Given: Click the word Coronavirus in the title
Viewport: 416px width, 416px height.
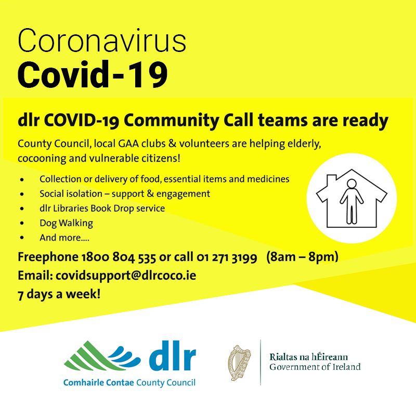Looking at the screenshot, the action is pyautogui.click(x=102, y=41).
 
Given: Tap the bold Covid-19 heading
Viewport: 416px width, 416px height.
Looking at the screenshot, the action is pyautogui.click(x=93, y=74).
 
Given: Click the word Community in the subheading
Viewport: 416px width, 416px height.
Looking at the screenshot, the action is pyautogui.click(x=171, y=121).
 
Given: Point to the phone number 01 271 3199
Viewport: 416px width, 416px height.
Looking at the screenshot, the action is pyautogui.click(x=227, y=257).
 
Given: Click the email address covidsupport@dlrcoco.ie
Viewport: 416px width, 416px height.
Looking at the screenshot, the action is pyautogui.click(x=126, y=276).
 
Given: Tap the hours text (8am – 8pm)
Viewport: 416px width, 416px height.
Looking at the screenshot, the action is pyautogui.click(x=302, y=257).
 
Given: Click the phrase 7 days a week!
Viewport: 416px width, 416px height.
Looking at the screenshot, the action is pyautogui.click(x=59, y=294).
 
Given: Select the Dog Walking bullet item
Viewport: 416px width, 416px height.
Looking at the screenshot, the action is pyautogui.click(x=67, y=223).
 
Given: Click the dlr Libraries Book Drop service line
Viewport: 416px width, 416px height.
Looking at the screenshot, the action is pyautogui.click(x=102, y=209).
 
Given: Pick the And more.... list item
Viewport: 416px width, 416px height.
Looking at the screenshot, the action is pyautogui.click(x=64, y=238).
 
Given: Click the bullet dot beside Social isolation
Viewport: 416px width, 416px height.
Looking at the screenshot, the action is pyautogui.click(x=22, y=194).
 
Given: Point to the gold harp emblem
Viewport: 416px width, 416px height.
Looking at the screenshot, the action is pyautogui.click(x=239, y=362).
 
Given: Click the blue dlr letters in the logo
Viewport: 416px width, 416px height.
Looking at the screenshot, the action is pyautogui.click(x=173, y=356).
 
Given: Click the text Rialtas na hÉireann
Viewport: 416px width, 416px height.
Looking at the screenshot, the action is pyautogui.click(x=308, y=357).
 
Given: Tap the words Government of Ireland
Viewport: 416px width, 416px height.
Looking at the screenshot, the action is pyautogui.click(x=315, y=367).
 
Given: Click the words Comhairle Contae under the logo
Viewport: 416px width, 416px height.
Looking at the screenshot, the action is pyautogui.click(x=98, y=383).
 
